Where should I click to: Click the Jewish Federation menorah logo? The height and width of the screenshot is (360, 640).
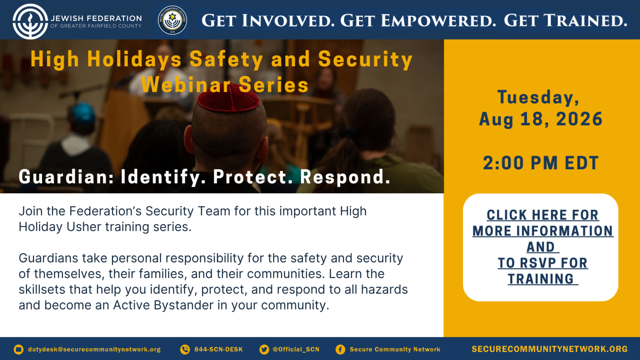point(30,21)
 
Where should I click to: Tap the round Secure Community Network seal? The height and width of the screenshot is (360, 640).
point(173,20)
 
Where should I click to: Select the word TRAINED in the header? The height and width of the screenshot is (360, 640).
point(585,21)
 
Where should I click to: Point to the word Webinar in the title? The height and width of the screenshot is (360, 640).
point(186,84)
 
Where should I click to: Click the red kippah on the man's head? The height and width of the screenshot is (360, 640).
point(228,97)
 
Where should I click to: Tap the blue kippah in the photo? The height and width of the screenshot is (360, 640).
point(83,113)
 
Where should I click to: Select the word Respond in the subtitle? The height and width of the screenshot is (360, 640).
point(345,177)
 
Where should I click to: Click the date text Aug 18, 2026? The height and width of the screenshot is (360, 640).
point(541,119)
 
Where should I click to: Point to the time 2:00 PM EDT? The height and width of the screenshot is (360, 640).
point(541,163)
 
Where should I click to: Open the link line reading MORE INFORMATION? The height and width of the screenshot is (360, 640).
point(543,231)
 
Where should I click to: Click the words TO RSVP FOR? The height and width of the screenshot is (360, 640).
point(543,263)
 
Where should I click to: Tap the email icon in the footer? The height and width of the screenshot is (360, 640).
point(18,349)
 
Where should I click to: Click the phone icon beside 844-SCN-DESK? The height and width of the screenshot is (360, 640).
point(185,349)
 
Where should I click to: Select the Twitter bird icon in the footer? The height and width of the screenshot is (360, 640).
point(264,349)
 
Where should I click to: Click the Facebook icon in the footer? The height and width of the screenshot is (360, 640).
point(340,349)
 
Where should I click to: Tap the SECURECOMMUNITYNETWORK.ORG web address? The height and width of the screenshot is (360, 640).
point(549,349)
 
